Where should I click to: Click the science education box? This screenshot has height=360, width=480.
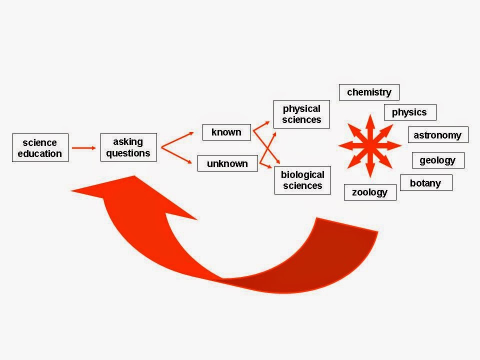(x=40, y=147)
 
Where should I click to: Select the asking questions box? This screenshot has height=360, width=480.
(x=128, y=147)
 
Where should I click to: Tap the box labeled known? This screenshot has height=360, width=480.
(x=226, y=132)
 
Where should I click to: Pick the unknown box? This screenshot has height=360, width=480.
(x=227, y=163)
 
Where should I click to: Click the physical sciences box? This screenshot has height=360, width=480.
(x=301, y=114)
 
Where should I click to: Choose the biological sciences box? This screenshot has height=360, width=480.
(x=302, y=180)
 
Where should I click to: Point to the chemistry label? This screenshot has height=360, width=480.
(x=369, y=92)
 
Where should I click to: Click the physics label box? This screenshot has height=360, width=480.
(x=409, y=112)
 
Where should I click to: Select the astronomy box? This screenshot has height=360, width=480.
(x=437, y=135)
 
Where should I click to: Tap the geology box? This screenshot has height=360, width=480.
(x=437, y=160)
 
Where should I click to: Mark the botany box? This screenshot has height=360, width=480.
(x=425, y=183)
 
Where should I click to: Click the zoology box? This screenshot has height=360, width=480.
(x=369, y=192)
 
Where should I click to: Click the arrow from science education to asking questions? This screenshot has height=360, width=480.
(x=83, y=147)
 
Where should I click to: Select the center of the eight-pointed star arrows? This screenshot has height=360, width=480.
(x=369, y=145)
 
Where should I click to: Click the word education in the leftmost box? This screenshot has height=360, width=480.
(x=40, y=153)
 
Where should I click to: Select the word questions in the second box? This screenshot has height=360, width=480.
(x=128, y=153)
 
